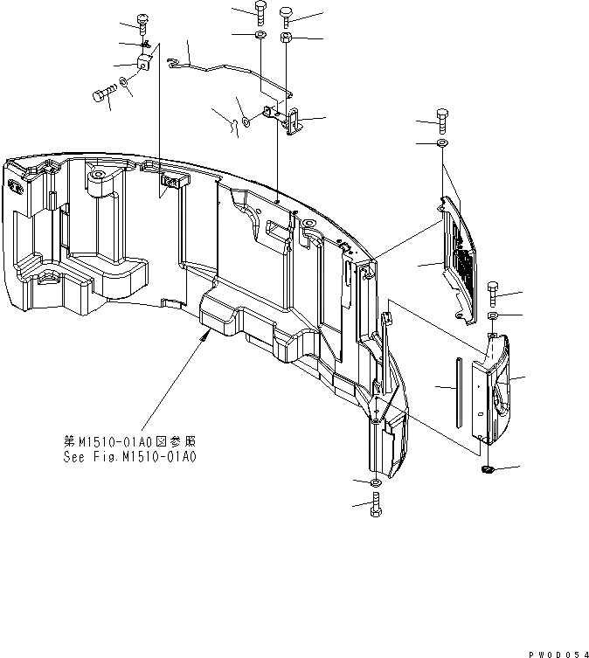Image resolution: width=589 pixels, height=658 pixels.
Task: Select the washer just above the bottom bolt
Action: click(x=375, y=483)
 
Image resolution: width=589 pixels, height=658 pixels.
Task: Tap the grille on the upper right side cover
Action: click(x=464, y=263)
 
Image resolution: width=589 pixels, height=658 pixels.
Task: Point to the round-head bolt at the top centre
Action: click(x=287, y=13)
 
